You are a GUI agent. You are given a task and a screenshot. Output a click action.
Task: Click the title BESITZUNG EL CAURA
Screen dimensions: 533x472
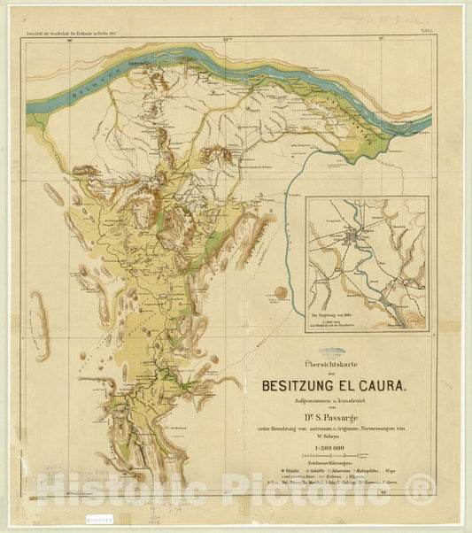pyautogui.click(x=334, y=386)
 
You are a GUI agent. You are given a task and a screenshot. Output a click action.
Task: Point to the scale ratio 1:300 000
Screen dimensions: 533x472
pyautogui.click(x=334, y=449)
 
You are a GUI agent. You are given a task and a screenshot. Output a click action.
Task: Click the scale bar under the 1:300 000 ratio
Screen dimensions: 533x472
pyautogui.click(x=334, y=456)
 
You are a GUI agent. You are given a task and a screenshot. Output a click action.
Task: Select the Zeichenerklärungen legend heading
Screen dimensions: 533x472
pyautogui.click(x=334, y=464)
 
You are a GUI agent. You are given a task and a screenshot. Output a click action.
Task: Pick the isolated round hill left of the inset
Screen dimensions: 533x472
pyautogui.click(x=282, y=291)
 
